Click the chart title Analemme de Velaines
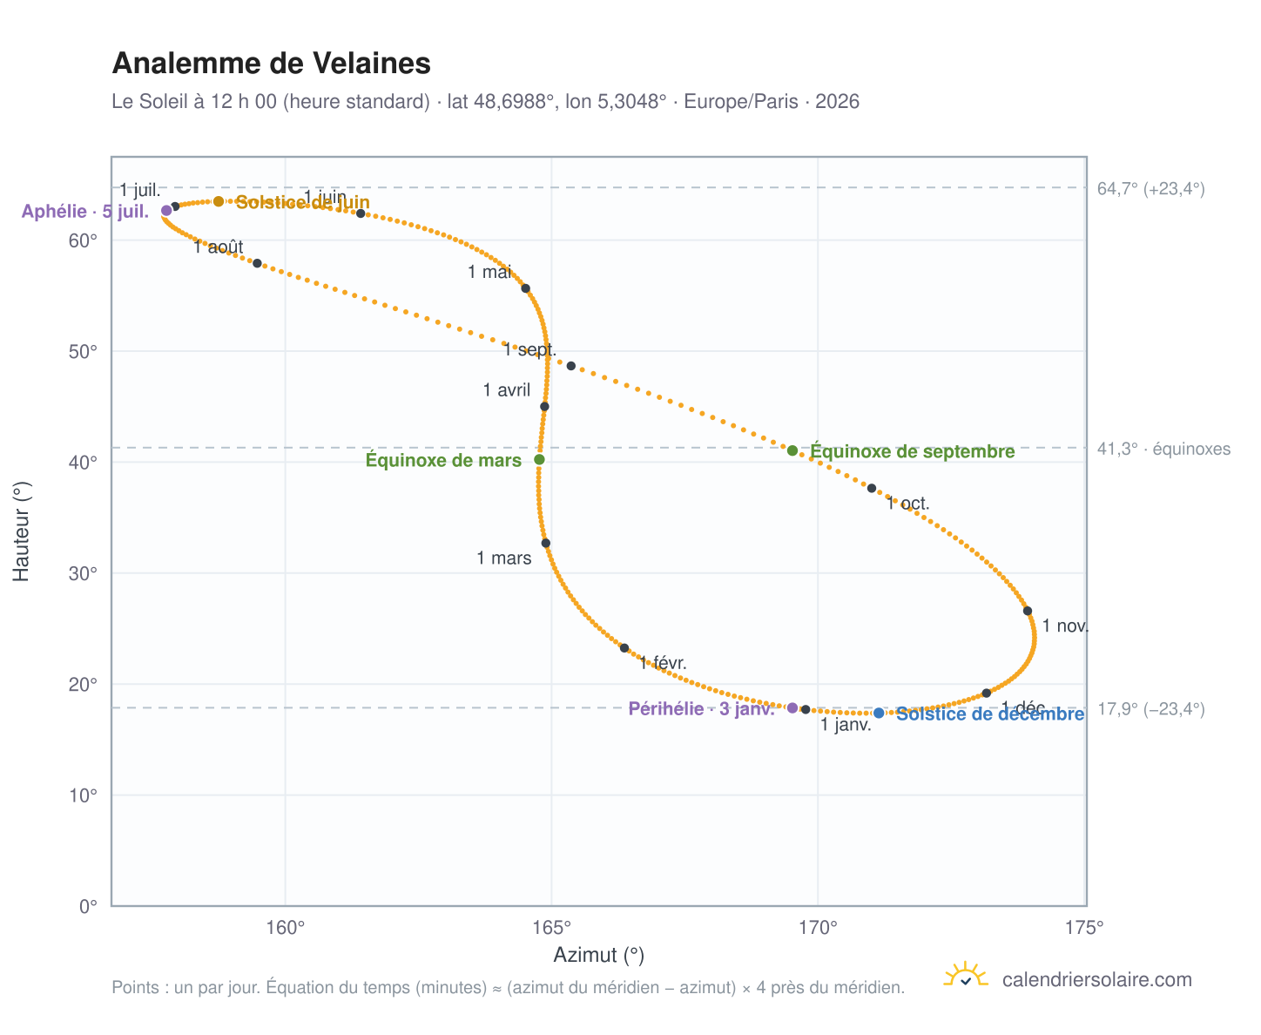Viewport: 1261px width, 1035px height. (x=271, y=64)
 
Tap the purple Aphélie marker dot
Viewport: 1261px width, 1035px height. (x=166, y=210)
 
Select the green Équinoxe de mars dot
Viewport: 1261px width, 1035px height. (x=539, y=459)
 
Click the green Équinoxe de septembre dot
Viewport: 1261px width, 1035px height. (x=792, y=450)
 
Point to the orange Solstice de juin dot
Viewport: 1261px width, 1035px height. (x=219, y=201)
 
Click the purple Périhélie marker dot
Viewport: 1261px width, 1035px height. (x=792, y=707)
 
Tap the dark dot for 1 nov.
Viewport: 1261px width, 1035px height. (x=1027, y=610)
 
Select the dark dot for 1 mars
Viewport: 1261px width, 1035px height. (x=545, y=543)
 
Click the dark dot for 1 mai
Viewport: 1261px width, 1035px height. (x=525, y=287)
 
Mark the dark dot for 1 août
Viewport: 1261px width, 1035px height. (x=257, y=262)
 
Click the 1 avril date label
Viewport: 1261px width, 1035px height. (x=506, y=390)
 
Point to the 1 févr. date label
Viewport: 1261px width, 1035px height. (x=663, y=662)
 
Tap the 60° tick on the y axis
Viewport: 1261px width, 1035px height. (x=83, y=240)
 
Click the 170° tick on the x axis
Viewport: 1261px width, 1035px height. (x=818, y=927)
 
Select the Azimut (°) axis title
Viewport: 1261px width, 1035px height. (x=598, y=954)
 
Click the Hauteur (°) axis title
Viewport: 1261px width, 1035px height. (x=21, y=531)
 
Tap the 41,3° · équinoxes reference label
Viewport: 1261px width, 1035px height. (x=1163, y=449)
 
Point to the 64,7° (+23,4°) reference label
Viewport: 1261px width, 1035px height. (x=1150, y=188)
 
